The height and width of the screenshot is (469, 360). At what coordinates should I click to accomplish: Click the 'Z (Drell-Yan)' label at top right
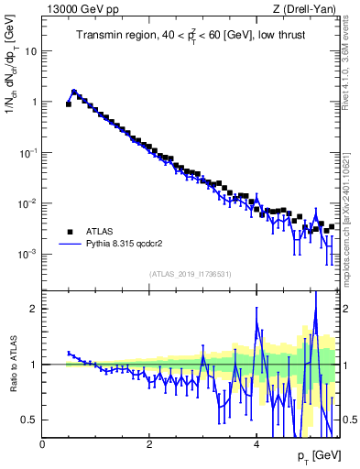click(x=311, y=10)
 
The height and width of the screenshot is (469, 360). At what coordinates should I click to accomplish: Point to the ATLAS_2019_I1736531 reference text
click(x=191, y=274)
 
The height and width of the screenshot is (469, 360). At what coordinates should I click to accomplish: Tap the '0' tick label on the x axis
click(x=42, y=442)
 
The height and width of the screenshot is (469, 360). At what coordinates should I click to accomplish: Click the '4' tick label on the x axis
click(x=256, y=442)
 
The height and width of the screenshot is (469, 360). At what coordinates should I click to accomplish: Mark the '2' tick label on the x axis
click(x=149, y=442)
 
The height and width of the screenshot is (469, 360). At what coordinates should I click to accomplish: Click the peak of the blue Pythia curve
click(x=74, y=91)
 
